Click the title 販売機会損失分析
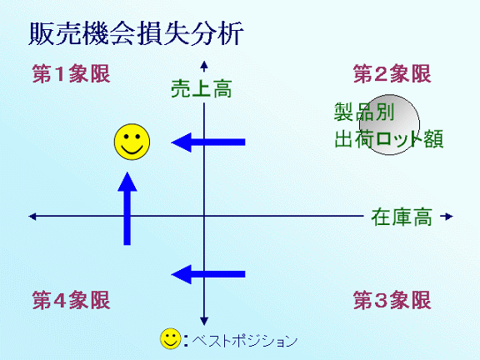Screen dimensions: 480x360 136,33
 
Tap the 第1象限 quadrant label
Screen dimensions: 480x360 71,74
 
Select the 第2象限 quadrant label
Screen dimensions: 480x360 392,74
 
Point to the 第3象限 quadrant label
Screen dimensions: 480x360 392,300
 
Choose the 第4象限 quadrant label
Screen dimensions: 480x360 71,300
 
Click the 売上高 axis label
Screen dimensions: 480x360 202,89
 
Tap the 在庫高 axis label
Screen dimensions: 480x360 402,217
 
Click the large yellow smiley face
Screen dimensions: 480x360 132,142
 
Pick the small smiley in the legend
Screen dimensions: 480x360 171,339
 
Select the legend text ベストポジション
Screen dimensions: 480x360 245,340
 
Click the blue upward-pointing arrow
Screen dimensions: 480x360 127,208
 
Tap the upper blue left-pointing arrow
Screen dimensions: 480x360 208,142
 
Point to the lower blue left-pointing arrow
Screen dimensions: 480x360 208,274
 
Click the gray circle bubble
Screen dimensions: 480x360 389,125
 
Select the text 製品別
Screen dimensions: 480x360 364,112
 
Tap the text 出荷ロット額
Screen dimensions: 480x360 389,139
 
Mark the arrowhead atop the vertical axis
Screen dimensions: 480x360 204,65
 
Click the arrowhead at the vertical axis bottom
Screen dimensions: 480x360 204,321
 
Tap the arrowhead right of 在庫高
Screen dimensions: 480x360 448,217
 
